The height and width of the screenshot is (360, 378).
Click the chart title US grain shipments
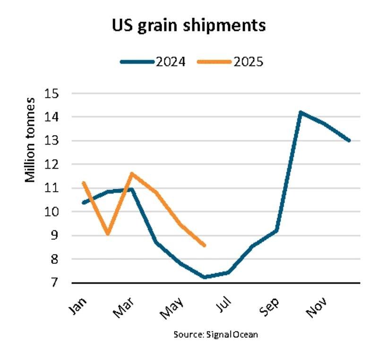coord(189,26)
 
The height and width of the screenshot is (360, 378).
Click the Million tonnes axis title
coord(30,140)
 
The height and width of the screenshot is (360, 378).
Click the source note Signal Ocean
coord(215,334)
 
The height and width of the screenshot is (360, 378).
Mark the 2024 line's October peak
coord(300,112)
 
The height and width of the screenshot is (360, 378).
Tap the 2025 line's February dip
coord(108,234)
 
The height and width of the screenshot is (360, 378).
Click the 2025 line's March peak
coord(132,173)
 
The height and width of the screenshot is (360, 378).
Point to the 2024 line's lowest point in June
coord(204,277)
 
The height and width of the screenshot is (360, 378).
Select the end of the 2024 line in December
coord(349,140)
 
